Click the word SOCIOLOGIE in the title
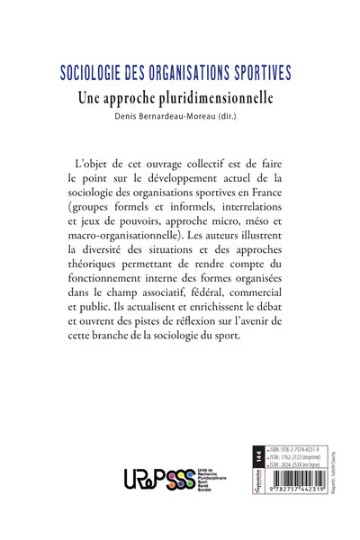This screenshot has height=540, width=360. pyautogui.click(x=89, y=72)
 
